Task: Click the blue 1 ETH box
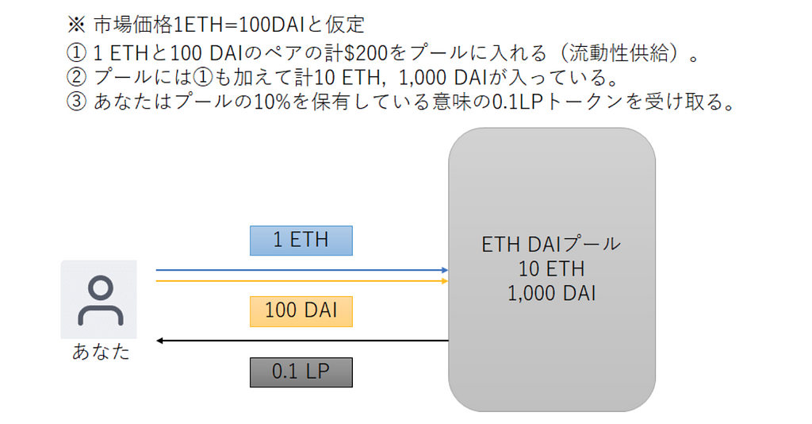[301, 241]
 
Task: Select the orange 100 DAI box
[301, 311]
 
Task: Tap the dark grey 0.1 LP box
[301, 372]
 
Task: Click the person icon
[101, 300]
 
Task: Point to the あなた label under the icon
[101, 352]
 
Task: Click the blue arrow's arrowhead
[445, 270]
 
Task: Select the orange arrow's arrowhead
[445, 281]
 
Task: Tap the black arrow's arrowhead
[159, 341]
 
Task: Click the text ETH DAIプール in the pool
[551, 244]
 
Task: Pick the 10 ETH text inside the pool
[551, 269]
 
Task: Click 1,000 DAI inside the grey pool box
[551, 293]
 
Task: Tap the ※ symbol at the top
[77, 25]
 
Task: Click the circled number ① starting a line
[77, 52]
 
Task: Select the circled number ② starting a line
[77, 77]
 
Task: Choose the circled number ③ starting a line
[77, 102]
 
